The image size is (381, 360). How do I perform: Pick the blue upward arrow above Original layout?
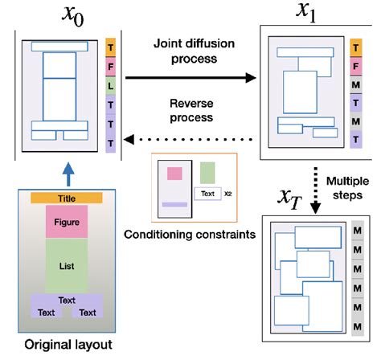(x=67, y=172)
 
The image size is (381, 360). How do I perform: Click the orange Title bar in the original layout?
(x=67, y=198)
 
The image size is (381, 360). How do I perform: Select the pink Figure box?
(x=67, y=222)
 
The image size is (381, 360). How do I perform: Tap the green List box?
(x=67, y=265)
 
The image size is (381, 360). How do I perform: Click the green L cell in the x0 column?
(x=111, y=84)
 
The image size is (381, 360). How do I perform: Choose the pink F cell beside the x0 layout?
(x=111, y=64)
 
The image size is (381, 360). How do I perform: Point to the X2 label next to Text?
(x=227, y=194)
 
